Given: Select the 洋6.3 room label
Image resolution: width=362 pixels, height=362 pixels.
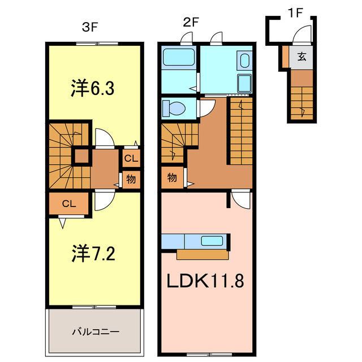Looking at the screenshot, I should click(94, 88).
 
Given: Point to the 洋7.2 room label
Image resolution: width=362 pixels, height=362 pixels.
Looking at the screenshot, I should click(94, 253).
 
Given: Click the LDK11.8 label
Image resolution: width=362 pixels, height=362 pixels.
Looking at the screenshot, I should click(205, 281).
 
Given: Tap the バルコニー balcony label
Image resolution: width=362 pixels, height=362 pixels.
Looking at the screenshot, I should click(94, 331).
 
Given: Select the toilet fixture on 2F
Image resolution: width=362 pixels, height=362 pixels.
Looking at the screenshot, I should click(172, 107).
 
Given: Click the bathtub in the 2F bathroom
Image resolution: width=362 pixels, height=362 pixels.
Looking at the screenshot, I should click(179, 58).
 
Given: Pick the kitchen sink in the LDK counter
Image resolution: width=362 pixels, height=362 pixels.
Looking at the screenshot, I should click(212, 241).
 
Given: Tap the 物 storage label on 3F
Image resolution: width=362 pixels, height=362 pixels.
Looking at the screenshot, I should click(131, 179).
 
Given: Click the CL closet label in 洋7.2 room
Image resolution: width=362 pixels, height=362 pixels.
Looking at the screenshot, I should click(69, 204).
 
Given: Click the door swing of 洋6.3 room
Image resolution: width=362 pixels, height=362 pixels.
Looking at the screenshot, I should click(104, 138).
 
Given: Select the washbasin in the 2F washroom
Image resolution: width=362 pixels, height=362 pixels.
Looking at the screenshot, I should click(244, 61).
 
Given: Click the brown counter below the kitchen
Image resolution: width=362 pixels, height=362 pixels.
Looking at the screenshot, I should click(202, 255).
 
